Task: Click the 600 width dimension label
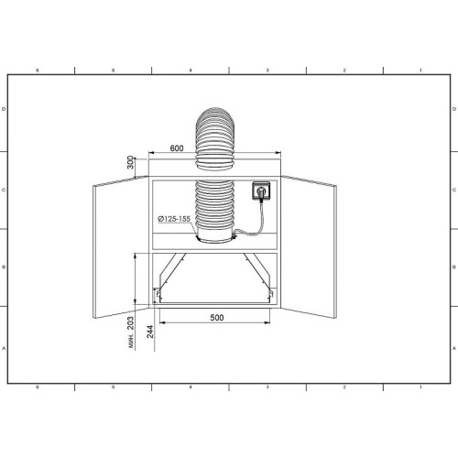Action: pos(177,148)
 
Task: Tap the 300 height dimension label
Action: pos(131,162)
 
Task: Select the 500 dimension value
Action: pos(217,318)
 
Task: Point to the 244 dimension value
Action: pos(150,332)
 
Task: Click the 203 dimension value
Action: pos(130,323)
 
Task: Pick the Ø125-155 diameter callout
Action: pos(174,219)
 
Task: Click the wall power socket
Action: pos(261,191)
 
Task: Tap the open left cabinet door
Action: pos(121,246)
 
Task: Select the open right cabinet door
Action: pos(309,246)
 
